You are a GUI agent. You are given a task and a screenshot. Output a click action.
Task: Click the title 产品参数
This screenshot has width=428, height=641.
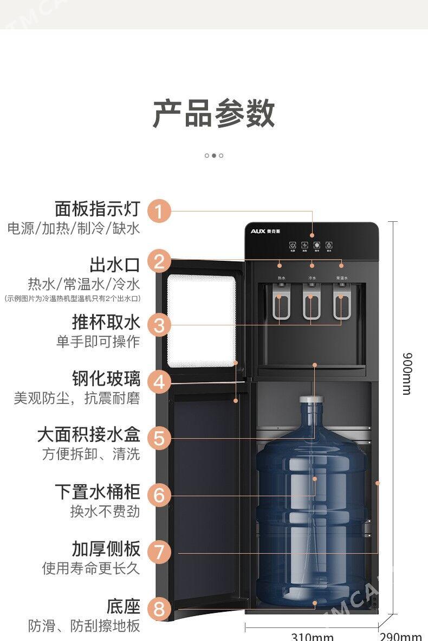point(213,114)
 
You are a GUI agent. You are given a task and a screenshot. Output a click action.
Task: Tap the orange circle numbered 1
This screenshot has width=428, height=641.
point(159,211)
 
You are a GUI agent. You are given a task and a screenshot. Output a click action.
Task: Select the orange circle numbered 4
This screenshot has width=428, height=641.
point(159,382)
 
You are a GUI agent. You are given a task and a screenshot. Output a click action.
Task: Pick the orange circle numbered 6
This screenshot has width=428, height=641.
point(159,495)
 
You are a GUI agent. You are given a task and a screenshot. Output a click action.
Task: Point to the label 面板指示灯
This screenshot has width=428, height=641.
point(97,209)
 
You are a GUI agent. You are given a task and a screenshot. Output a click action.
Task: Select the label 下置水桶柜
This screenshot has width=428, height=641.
point(97,492)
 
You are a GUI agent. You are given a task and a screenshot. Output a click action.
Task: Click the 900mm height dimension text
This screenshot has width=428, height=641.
point(407,373)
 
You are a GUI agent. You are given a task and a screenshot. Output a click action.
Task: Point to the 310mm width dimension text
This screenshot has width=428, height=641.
point(312,636)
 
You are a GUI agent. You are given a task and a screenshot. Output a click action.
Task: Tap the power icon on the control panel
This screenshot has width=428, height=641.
point(292,245)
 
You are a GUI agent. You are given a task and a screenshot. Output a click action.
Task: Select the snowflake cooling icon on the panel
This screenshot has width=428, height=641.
point(317,245)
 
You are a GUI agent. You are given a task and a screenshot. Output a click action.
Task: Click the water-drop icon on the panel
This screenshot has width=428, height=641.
point(329,245)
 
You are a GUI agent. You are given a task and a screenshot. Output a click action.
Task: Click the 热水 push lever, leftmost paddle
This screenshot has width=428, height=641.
point(281,306)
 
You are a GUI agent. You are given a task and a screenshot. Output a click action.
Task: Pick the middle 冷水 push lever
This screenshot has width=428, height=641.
point(312,306)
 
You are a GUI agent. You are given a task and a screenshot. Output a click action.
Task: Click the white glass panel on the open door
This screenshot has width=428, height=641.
point(200,321)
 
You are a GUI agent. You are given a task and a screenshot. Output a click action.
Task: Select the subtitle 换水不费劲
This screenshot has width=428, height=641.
point(105,511)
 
